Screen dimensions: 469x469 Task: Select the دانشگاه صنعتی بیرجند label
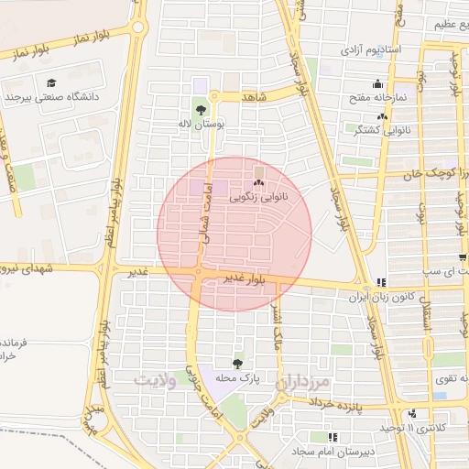point(56,95)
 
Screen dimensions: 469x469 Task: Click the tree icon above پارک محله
point(239,364)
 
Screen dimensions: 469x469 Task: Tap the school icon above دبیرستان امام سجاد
point(333,439)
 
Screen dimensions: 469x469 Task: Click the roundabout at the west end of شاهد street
point(214,95)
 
